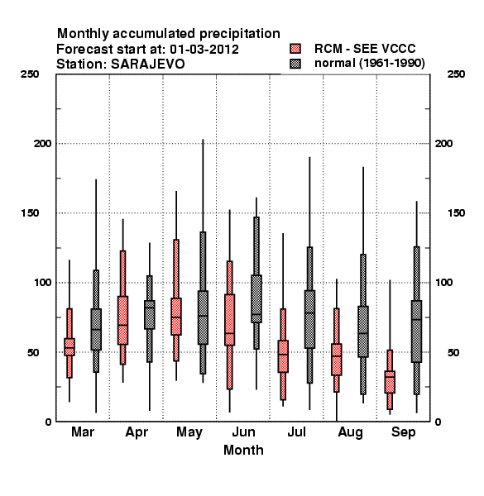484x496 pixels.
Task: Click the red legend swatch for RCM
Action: click(x=295, y=49)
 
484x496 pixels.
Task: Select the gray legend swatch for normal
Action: click(x=295, y=64)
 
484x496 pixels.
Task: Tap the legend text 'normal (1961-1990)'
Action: click(x=369, y=64)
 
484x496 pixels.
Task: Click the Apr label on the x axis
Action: click(x=137, y=432)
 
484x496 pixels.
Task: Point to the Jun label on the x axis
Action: click(x=243, y=432)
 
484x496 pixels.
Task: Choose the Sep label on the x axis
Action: click(x=403, y=432)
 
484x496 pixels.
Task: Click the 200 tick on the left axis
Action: click(x=42, y=143)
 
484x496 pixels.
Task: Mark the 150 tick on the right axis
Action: click(x=456, y=213)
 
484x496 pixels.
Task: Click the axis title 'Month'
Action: click(x=243, y=451)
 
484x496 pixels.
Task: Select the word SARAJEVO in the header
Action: click(x=148, y=64)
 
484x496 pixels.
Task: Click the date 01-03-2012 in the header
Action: click(x=204, y=50)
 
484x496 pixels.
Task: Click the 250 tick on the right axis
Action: click(x=456, y=74)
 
